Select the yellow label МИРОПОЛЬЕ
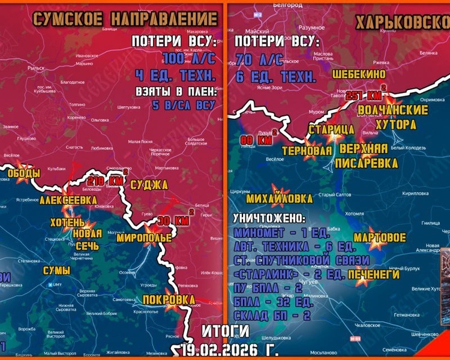pyautogui.click(x=145, y=238)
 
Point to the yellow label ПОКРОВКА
pyautogui.click(x=170, y=300)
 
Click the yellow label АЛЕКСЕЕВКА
pyautogui.click(x=68, y=200)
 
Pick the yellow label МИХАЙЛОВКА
pyautogui.click(x=280, y=198)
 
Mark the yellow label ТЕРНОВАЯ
pyautogui.click(x=307, y=151)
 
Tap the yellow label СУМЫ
pyautogui.click(x=56, y=271)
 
